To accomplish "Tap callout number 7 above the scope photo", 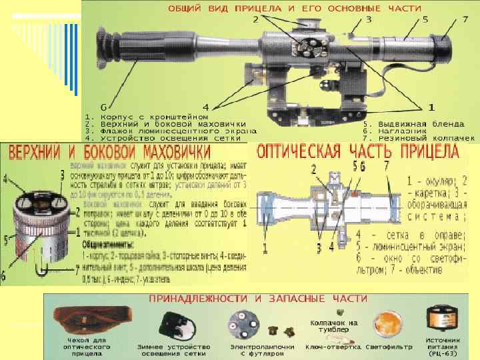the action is [x=465, y=20].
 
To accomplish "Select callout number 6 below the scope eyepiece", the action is [x=103, y=107].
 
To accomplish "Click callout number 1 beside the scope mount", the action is [x=431, y=107].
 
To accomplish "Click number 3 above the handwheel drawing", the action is [x=62, y=174].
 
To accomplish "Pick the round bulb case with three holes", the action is [x=242, y=325].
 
